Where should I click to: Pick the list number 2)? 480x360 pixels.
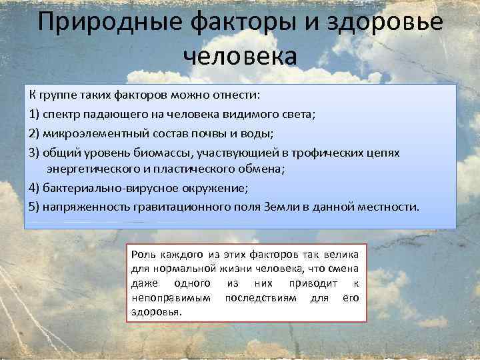pyautogui.click(x=35, y=133)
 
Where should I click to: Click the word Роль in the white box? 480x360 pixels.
pyautogui.click(x=144, y=255)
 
